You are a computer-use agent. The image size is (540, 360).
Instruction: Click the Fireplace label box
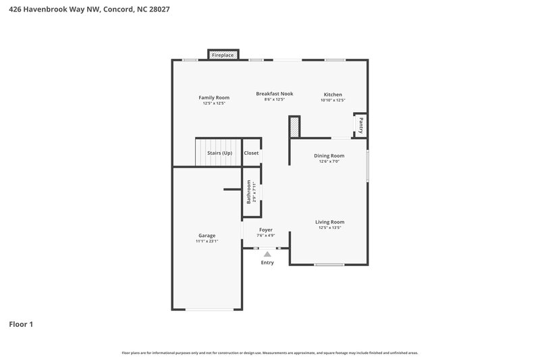click(x=223, y=55)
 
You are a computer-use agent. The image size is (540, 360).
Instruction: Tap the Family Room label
click(x=213, y=97)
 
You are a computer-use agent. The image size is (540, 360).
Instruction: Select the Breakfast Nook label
click(x=274, y=94)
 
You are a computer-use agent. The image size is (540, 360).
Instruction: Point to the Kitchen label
click(x=333, y=95)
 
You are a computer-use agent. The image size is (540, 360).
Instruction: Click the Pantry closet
click(x=360, y=125)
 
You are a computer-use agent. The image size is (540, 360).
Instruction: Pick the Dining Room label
click(x=329, y=155)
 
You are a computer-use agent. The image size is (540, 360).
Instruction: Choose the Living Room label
click(x=329, y=222)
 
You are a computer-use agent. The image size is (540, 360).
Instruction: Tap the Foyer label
click(x=266, y=230)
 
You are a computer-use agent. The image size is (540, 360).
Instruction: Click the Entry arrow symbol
click(x=267, y=254)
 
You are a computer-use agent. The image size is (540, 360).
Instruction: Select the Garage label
click(x=207, y=235)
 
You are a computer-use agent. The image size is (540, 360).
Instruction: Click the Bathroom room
click(x=252, y=192)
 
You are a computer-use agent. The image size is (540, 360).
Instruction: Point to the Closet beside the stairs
click(x=251, y=153)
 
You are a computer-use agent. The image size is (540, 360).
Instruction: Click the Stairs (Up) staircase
click(x=218, y=153)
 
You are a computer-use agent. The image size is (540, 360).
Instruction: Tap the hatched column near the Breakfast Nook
click(x=294, y=126)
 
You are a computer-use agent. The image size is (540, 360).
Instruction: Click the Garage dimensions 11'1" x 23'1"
click(x=207, y=241)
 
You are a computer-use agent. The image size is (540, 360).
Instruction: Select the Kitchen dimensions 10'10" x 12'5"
click(x=333, y=101)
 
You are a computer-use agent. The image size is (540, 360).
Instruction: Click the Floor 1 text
click(x=21, y=324)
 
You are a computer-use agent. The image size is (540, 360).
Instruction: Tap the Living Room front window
click(x=329, y=264)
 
